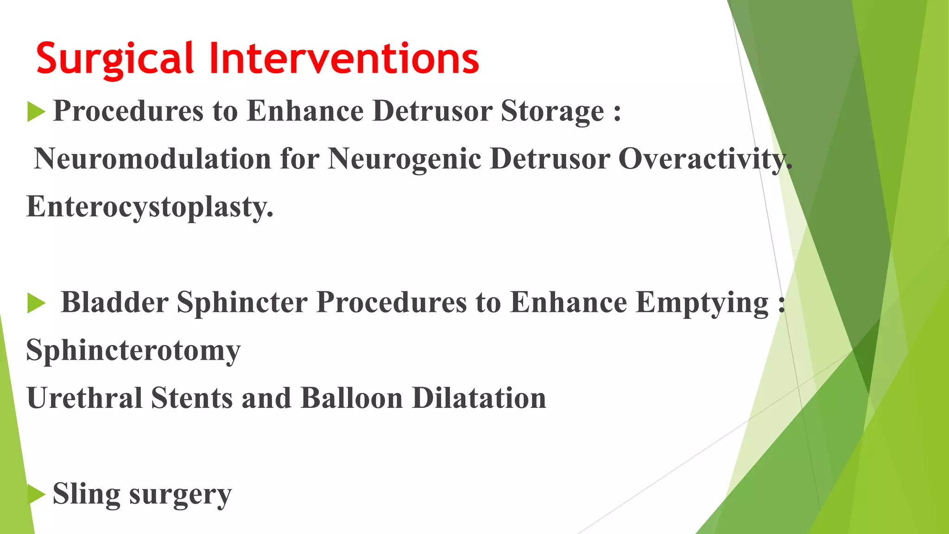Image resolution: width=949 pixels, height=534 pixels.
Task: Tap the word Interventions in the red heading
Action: click(x=344, y=59)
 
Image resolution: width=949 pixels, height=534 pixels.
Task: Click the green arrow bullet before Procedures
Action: click(x=36, y=112)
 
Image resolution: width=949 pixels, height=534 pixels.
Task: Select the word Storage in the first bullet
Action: click(x=552, y=111)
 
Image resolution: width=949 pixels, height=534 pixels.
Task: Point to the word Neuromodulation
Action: click(x=152, y=159)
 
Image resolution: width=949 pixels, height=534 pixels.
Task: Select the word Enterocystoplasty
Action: click(x=149, y=207)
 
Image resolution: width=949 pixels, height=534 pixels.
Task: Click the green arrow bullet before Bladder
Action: click(x=36, y=304)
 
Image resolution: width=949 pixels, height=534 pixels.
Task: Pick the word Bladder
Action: click(x=114, y=303)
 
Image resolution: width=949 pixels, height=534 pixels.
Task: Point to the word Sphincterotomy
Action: click(x=133, y=351)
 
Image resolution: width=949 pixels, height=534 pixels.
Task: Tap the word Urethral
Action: click(x=84, y=398)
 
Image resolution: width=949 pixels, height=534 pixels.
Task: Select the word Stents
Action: click(x=192, y=398)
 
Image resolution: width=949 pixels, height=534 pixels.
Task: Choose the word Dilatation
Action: click(x=479, y=398)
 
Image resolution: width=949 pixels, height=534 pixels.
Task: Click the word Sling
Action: click(x=86, y=494)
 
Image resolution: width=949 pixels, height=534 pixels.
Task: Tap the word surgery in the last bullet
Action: click(x=180, y=495)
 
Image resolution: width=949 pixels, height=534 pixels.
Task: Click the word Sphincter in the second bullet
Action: click(x=242, y=303)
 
